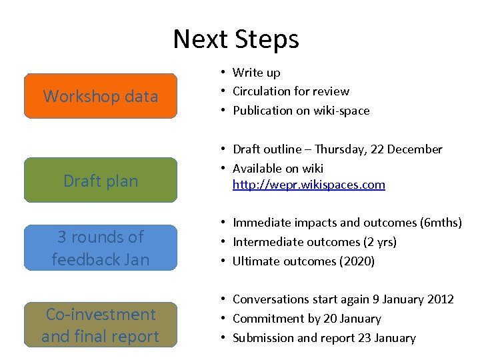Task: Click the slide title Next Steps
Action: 236,39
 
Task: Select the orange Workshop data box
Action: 101,96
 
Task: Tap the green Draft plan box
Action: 101,180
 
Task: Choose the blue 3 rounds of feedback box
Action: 101,247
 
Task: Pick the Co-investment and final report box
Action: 101,325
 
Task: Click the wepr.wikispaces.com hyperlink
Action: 309,185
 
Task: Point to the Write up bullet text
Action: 256,73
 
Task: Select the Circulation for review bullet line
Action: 291,91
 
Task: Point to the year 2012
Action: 441,300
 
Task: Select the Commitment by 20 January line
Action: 307,319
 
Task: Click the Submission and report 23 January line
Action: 324,338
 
